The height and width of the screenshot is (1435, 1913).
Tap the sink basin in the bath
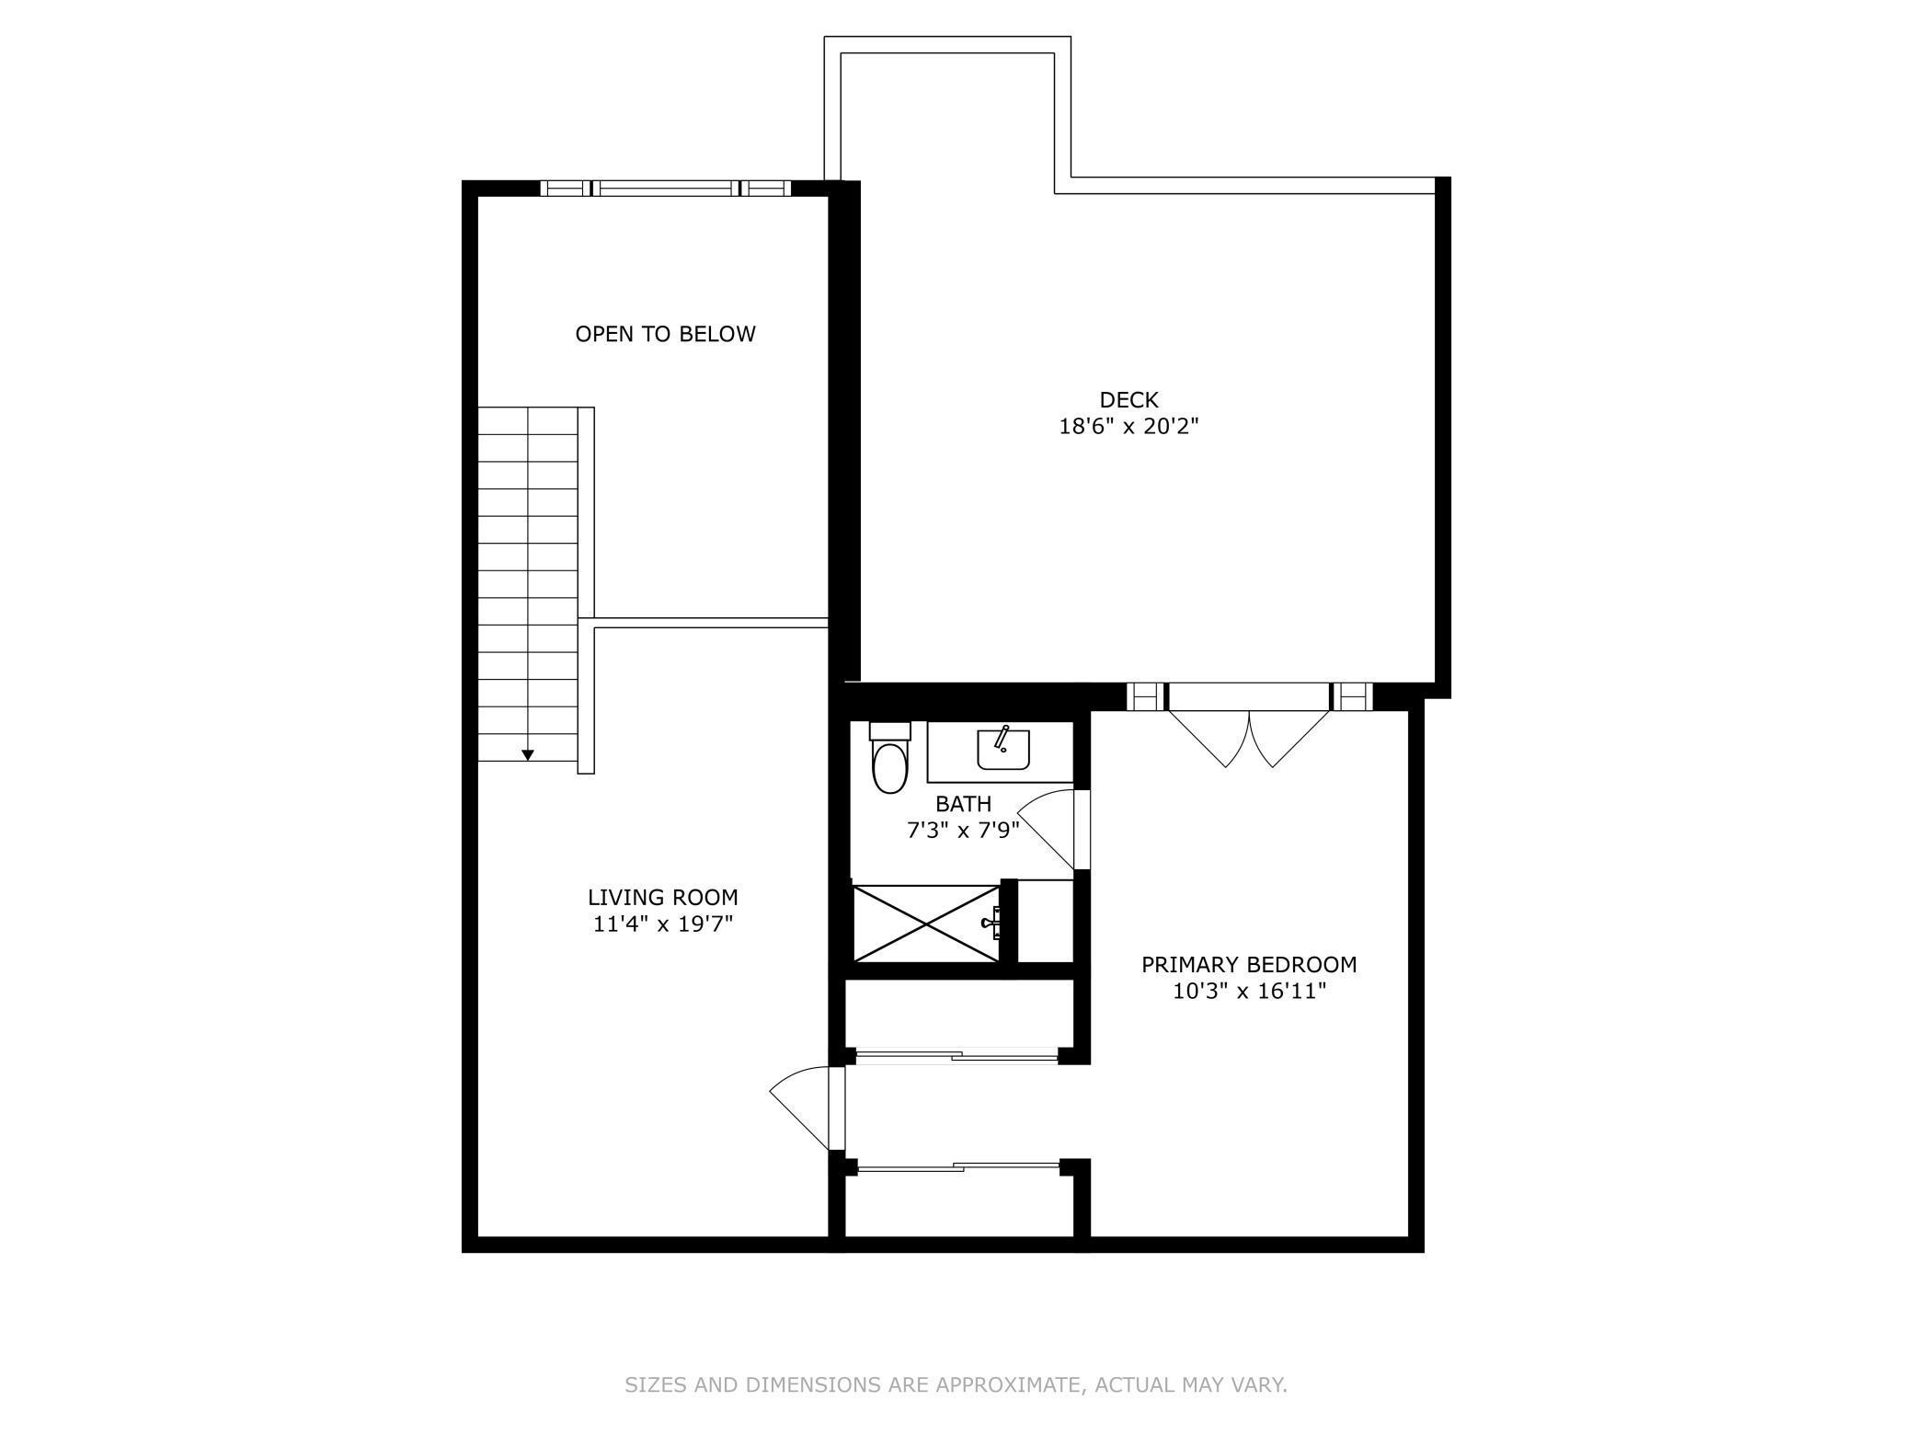pos(1002,750)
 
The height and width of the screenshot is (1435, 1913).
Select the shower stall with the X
pos(925,923)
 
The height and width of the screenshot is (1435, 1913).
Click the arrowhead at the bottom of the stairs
pos(528,755)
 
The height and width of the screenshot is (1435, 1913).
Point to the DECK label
pos(1128,400)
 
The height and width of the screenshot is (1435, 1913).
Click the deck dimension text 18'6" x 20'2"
pos(1128,427)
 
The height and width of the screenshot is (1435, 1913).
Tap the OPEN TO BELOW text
pos(665,334)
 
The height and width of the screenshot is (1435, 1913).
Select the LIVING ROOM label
pos(662,897)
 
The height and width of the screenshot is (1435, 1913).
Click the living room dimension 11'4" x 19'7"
pos(662,924)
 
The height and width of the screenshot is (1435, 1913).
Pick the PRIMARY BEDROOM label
pos(1248,965)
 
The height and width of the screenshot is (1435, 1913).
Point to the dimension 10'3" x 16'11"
pos(1248,992)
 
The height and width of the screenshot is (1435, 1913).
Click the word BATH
pos(963,804)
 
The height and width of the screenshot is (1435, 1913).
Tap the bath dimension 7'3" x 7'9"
pos(963,831)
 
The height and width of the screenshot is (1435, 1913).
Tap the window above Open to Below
pos(665,189)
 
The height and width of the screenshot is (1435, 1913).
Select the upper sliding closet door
pos(956,1057)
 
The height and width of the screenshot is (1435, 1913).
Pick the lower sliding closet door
pos(956,1167)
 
